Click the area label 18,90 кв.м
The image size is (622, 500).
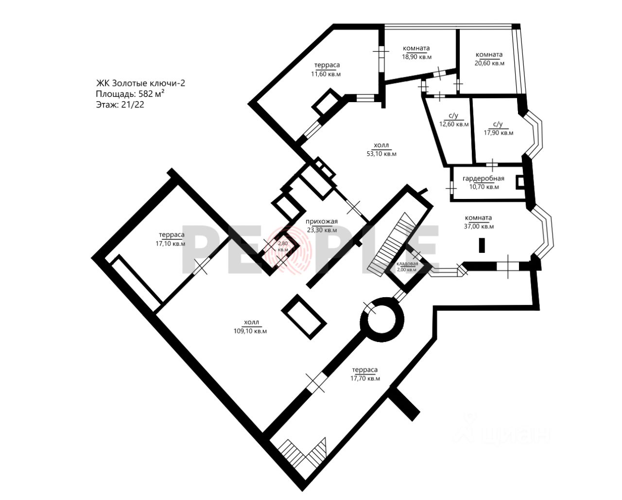pyautogui.click(x=416, y=57)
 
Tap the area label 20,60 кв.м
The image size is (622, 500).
pyautogui.click(x=489, y=63)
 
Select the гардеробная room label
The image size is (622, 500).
pyautogui.click(x=483, y=179)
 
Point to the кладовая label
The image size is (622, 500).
pyautogui.click(x=407, y=264)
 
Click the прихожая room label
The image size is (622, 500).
pyautogui.click(x=322, y=222)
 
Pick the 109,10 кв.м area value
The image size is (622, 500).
pyautogui.click(x=250, y=331)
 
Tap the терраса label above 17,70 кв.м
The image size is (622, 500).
pyautogui.click(x=365, y=370)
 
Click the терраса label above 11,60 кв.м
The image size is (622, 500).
pyautogui.click(x=327, y=65)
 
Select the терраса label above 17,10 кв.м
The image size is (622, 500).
pyautogui.click(x=172, y=234)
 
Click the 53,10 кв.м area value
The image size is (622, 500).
pyautogui.click(x=381, y=154)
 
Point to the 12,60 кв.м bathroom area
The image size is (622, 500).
pyautogui.click(x=454, y=125)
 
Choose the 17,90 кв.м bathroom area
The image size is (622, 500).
pyautogui.click(x=499, y=133)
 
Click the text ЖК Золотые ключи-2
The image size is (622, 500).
pyautogui.click(x=140, y=83)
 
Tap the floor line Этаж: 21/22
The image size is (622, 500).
pyautogui.click(x=120, y=105)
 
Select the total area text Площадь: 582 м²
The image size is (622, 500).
pyautogui.click(x=130, y=94)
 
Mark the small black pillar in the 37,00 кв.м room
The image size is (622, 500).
pyautogui.click(x=482, y=245)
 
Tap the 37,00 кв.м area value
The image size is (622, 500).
pyautogui.click(x=479, y=227)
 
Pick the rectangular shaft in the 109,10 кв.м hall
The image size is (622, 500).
pyautogui.click(x=304, y=317)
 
